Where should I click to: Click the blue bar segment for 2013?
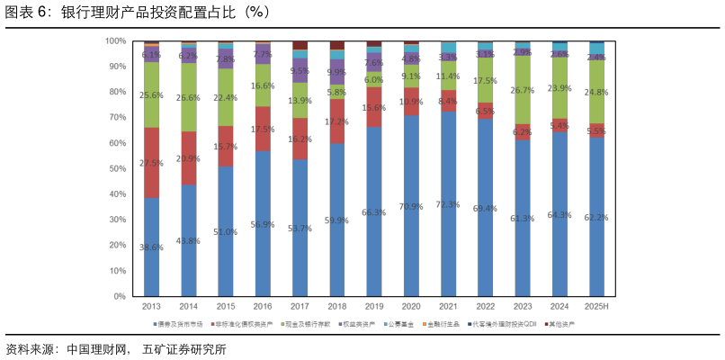(151, 247)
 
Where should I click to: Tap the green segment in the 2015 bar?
(226, 97)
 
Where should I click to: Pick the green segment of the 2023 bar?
(523, 90)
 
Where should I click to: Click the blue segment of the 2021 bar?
(449, 204)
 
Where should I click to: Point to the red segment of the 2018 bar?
(337, 121)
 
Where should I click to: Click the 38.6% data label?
(151, 247)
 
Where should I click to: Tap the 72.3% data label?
(449, 204)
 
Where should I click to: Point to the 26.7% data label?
(523, 90)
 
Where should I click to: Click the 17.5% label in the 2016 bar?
(264, 129)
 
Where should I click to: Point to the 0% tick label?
(120, 296)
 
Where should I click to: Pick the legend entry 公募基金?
(398, 323)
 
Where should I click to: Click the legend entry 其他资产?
(560, 323)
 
